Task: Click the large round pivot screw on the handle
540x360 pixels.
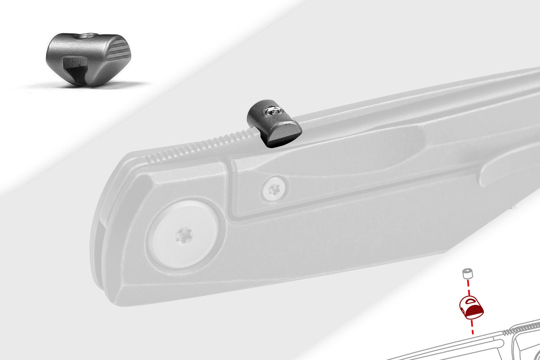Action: (183, 234)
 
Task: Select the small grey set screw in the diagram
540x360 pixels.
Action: (467, 273)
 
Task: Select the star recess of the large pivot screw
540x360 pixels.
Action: (183, 235)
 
